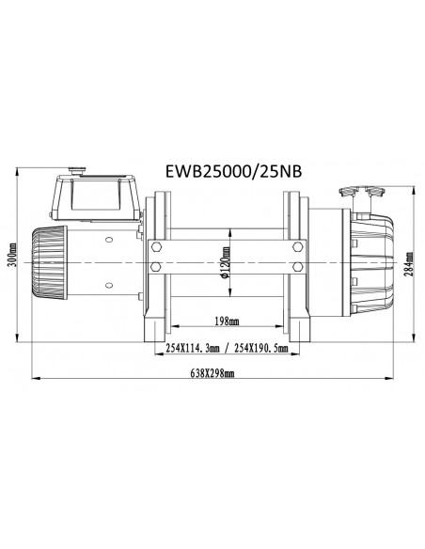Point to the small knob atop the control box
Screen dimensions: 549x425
point(78,173)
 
